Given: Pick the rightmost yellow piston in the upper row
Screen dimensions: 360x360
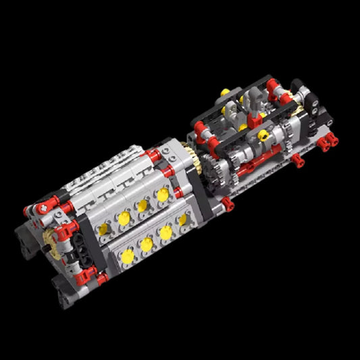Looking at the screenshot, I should coord(163,195).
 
